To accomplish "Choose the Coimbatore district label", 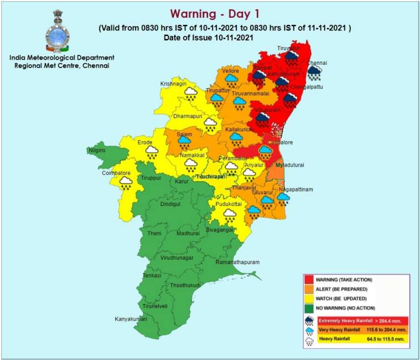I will [116, 172].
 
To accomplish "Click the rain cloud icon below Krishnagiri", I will [190, 94].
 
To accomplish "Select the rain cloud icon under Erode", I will [152, 152].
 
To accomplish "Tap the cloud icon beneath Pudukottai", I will [229, 215].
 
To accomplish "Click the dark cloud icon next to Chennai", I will [315, 74].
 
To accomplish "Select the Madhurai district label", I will [188, 234].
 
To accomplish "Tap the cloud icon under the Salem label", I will [184, 143].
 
